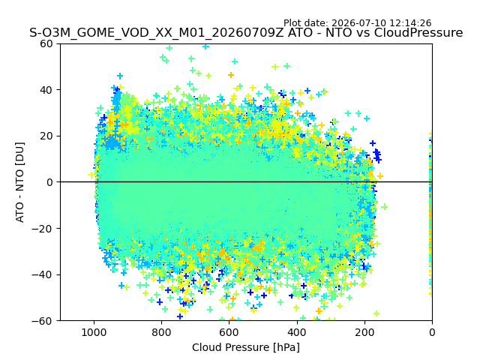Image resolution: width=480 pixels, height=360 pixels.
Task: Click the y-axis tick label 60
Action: (46, 43)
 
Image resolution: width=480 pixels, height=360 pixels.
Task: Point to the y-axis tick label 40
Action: (46, 90)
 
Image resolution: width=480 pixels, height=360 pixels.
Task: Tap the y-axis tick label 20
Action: (46, 136)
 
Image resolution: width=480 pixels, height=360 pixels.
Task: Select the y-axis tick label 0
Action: (49, 182)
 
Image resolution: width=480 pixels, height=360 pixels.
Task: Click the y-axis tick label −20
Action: (43, 229)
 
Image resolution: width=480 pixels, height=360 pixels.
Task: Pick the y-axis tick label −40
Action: (43, 275)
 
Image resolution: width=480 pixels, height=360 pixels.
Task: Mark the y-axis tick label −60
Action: (43, 321)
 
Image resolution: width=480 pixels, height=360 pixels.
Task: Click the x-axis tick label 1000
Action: (94, 332)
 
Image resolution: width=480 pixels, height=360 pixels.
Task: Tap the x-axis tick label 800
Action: (162, 332)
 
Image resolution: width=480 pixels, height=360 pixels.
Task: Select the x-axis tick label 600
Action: (229, 332)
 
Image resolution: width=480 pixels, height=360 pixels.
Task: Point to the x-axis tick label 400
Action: (297, 332)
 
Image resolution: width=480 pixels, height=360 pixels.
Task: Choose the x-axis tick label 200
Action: (364, 332)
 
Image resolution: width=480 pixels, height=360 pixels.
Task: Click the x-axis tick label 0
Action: (432, 332)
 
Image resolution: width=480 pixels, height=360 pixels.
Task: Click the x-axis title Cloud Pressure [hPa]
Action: (246, 348)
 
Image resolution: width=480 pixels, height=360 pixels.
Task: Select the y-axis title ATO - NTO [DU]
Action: (20, 182)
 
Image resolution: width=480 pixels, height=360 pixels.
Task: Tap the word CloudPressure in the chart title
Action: (418, 33)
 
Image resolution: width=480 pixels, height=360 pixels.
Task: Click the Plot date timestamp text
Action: (357, 23)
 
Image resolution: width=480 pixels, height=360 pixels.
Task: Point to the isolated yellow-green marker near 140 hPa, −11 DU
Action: (385, 207)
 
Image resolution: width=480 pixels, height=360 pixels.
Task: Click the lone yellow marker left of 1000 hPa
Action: (91, 175)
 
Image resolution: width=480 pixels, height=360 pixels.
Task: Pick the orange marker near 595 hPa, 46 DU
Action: (231, 75)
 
